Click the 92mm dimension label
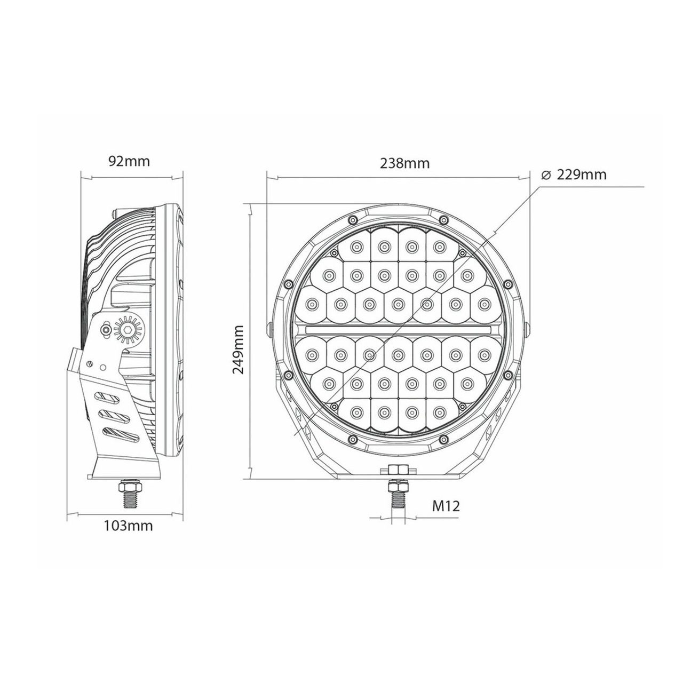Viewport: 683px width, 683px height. (129, 161)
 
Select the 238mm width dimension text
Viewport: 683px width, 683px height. (404, 163)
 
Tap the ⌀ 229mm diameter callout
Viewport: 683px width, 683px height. (573, 175)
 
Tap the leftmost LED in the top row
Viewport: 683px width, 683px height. (355, 246)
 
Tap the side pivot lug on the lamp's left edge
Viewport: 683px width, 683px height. (269, 329)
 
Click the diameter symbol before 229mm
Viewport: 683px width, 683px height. (545, 175)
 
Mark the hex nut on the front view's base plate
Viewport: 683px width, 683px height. (397, 470)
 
